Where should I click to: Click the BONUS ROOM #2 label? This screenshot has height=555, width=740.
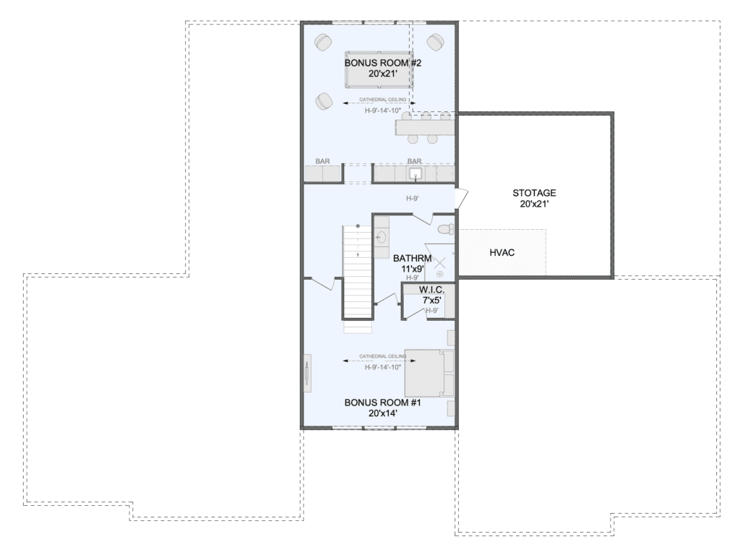pyautogui.click(x=383, y=63)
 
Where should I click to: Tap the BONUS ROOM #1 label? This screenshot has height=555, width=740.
pyautogui.click(x=383, y=403)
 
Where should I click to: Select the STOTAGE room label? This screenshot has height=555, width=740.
pyautogui.click(x=534, y=192)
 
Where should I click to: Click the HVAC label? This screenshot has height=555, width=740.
pyautogui.click(x=502, y=252)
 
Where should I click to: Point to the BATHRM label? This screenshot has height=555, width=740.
pyautogui.click(x=413, y=258)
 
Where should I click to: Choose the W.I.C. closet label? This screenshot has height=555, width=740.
pyautogui.click(x=432, y=290)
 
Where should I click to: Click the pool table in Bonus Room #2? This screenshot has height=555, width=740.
pyautogui.click(x=379, y=70)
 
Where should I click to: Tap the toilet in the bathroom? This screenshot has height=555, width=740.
pyautogui.click(x=446, y=230)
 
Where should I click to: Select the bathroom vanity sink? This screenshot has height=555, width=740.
pyautogui.click(x=382, y=236)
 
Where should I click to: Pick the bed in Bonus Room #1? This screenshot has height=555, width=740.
pyautogui.click(x=429, y=374)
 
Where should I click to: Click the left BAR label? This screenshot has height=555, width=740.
pyautogui.click(x=323, y=161)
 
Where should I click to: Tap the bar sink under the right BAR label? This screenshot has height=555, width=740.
pyautogui.click(x=416, y=173)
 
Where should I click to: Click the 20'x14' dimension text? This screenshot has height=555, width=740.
pyautogui.click(x=383, y=413)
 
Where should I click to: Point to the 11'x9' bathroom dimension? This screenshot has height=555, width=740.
pyautogui.click(x=413, y=269)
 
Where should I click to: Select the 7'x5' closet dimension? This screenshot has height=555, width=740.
pyautogui.click(x=432, y=300)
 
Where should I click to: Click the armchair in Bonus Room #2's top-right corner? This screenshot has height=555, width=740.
pyautogui.click(x=434, y=42)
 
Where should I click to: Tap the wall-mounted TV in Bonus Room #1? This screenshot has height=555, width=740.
pyautogui.click(x=307, y=372)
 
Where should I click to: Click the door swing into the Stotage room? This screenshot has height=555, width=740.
pyautogui.click(x=462, y=198)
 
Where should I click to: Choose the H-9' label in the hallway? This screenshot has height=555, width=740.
pyautogui.click(x=413, y=199)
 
